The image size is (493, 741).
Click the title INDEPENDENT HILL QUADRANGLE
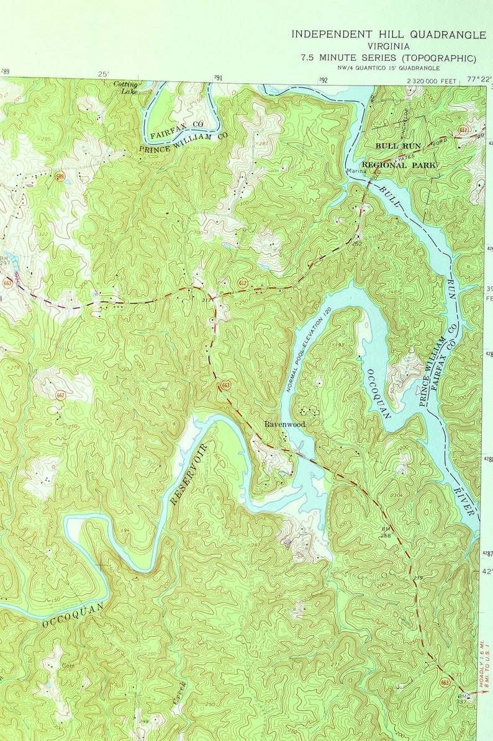389,35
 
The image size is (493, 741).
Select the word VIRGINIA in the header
388,47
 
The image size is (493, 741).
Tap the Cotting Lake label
126,88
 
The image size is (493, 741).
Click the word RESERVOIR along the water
188,474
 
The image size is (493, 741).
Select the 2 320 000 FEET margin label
432,81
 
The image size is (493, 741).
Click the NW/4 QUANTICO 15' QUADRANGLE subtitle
388,68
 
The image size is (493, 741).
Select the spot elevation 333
158,282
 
